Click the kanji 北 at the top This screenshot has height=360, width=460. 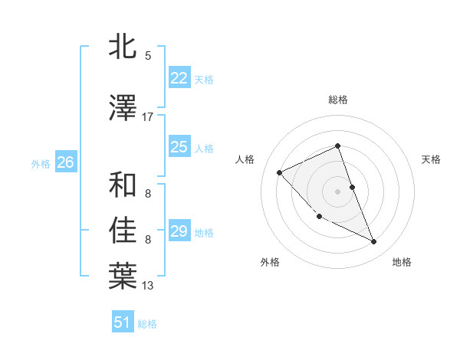point(123,47)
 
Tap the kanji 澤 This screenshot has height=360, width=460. point(123,109)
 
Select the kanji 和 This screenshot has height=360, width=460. point(123,185)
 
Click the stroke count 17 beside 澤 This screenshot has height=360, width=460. point(148,117)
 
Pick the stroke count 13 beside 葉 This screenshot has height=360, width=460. point(148,286)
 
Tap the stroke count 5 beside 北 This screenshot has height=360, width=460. point(148,56)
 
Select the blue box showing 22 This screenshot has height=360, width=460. point(179,78)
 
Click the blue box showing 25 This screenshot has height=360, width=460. point(179,147)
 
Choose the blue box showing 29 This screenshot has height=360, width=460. point(179,231)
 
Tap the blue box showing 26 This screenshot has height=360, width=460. point(65,162)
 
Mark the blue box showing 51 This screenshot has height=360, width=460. point(123,322)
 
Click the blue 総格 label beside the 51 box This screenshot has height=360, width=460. point(147,324)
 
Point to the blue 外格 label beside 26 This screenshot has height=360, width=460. point(41,163)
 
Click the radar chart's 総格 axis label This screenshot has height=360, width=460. point(338,100)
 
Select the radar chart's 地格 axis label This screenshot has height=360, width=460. point(402,262)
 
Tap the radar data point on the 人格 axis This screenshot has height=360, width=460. point(280,172)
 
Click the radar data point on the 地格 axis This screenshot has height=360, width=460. point(374,242)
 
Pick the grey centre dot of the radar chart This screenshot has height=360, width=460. point(338,191)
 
